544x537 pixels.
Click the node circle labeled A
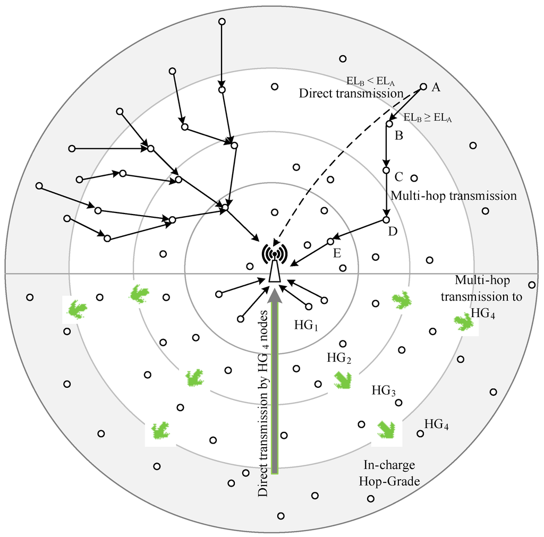click(x=423, y=87)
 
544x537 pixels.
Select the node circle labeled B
click(x=389, y=124)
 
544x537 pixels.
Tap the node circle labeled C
click(x=386, y=171)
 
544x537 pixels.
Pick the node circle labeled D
click(x=386, y=219)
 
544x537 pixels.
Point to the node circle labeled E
click(x=330, y=241)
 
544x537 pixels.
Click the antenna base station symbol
click(x=274, y=263)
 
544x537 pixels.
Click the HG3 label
click(x=384, y=391)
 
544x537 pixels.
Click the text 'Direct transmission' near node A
click(x=351, y=93)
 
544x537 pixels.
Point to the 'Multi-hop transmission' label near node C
click(x=454, y=195)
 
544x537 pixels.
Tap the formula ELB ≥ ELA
click(x=428, y=117)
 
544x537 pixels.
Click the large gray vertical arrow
click(x=275, y=382)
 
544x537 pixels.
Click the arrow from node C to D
click(x=386, y=195)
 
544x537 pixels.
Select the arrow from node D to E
click(x=359, y=230)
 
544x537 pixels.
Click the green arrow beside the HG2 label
click(x=343, y=379)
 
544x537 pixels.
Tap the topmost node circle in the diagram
click(x=222, y=21)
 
